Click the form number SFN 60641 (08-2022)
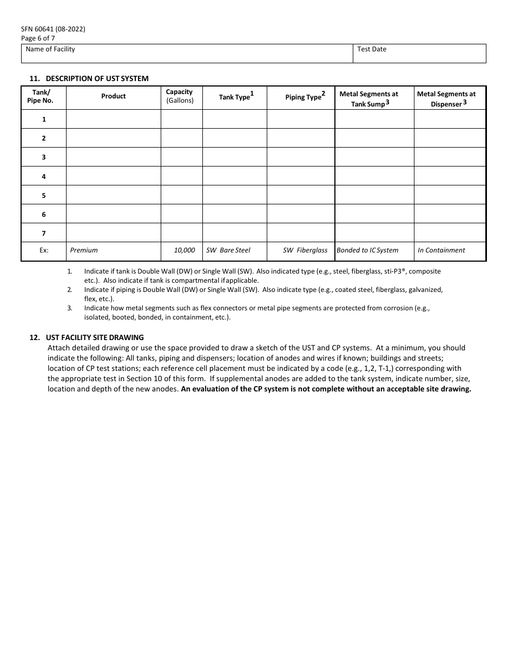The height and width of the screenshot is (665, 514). (x=53, y=29)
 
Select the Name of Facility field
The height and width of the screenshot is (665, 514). (x=187, y=54)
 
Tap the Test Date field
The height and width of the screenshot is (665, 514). (x=419, y=54)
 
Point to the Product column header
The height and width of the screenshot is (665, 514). (x=113, y=96)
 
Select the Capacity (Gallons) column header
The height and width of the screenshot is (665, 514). (x=180, y=96)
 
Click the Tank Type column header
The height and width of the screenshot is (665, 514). (x=235, y=97)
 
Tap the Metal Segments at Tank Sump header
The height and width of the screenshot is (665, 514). (x=368, y=98)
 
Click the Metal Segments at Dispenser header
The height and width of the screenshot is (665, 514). (x=446, y=98)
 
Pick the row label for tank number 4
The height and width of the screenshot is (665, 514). (x=44, y=176)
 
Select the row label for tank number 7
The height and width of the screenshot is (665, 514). (x=44, y=234)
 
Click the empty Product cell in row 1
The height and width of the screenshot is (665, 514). (x=113, y=119)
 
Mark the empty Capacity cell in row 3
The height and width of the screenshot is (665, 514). (x=181, y=157)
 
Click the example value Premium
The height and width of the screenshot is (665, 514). (x=84, y=250)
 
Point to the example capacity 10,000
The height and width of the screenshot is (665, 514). (x=184, y=250)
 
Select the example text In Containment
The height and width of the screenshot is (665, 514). (x=441, y=250)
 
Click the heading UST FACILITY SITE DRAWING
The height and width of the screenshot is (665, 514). (x=95, y=337)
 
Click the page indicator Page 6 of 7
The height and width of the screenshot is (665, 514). (x=38, y=38)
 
